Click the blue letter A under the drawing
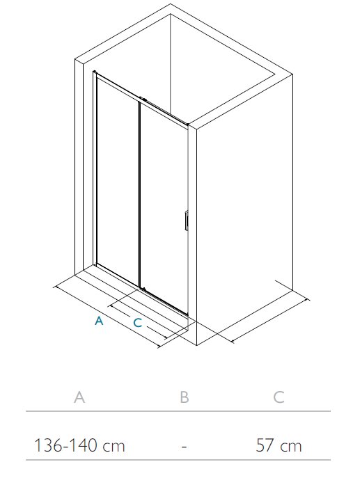[x=99, y=321]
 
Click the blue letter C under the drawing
[x=138, y=323]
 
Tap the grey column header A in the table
[x=79, y=397]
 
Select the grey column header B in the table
[x=185, y=397]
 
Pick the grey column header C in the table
[x=279, y=397]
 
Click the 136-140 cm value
[x=79, y=445]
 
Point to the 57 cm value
[x=279, y=445]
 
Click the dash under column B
[x=184, y=446]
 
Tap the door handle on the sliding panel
[x=186, y=221]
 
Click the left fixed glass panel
[x=118, y=180]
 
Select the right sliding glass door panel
[x=164, y=207]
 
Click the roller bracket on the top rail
[x=143, y=99]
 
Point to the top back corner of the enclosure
[x=170, y=15]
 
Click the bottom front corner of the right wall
[x=196, y=345]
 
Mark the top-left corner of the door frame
[x=94, y=72]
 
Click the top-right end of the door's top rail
[x=187, y=124]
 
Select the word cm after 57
[x=291, y=446]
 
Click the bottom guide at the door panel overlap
[x=143, y=288]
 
